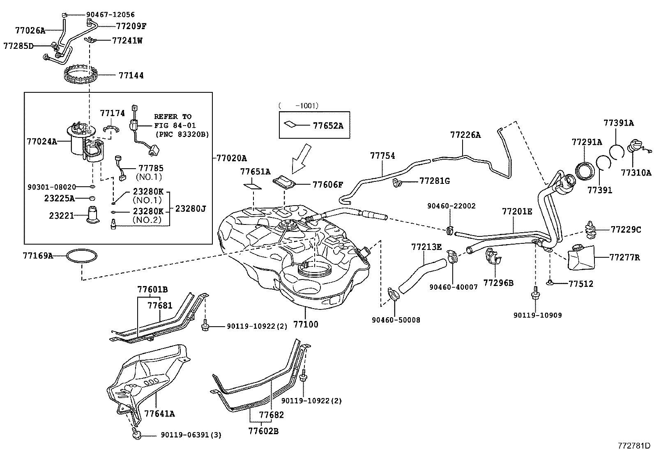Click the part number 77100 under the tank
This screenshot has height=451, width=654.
[x=306, y=324]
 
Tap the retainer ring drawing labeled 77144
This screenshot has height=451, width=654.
[x=82, y=76]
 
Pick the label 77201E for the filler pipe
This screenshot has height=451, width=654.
[x=517, y=212]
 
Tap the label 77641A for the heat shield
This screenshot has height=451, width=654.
[x=159, y=414]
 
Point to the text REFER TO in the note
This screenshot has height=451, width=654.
[x=173, y=117]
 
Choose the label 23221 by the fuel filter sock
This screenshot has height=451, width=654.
[x=62, y=215]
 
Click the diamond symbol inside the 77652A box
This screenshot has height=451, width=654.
[x=290, y=124]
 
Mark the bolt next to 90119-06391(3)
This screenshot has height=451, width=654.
[x=136, y=434]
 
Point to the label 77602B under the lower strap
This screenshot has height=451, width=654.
[x=263, y=431]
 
